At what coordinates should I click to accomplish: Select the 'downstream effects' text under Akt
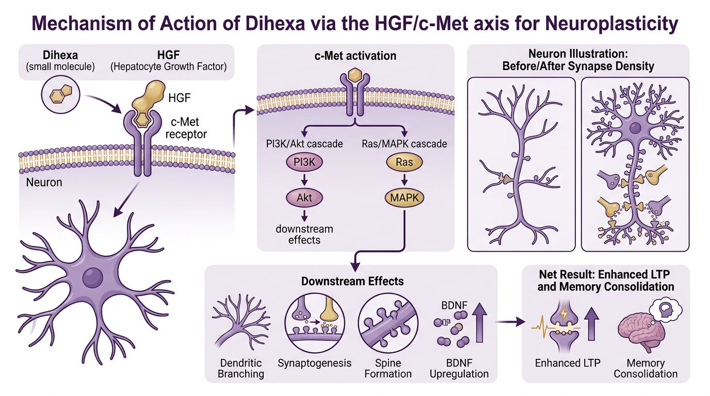click(x=304, y=234)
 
